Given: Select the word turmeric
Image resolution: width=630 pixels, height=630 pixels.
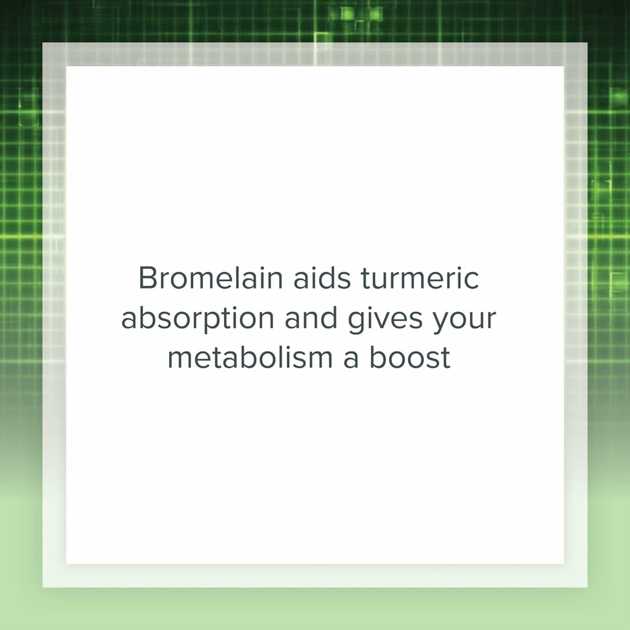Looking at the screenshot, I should point(419,279).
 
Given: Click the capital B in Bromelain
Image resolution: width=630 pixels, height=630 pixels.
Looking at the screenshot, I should point(148,279).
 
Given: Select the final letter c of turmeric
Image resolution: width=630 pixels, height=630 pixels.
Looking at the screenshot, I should point(472,280).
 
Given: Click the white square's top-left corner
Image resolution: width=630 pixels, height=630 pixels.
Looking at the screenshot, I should point(66,66).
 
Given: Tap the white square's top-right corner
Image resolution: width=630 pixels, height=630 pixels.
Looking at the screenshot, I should point(564,66).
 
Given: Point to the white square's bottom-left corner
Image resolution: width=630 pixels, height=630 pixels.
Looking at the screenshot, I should point(66,564).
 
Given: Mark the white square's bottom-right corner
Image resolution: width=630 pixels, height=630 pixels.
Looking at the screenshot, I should point(564,564).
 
